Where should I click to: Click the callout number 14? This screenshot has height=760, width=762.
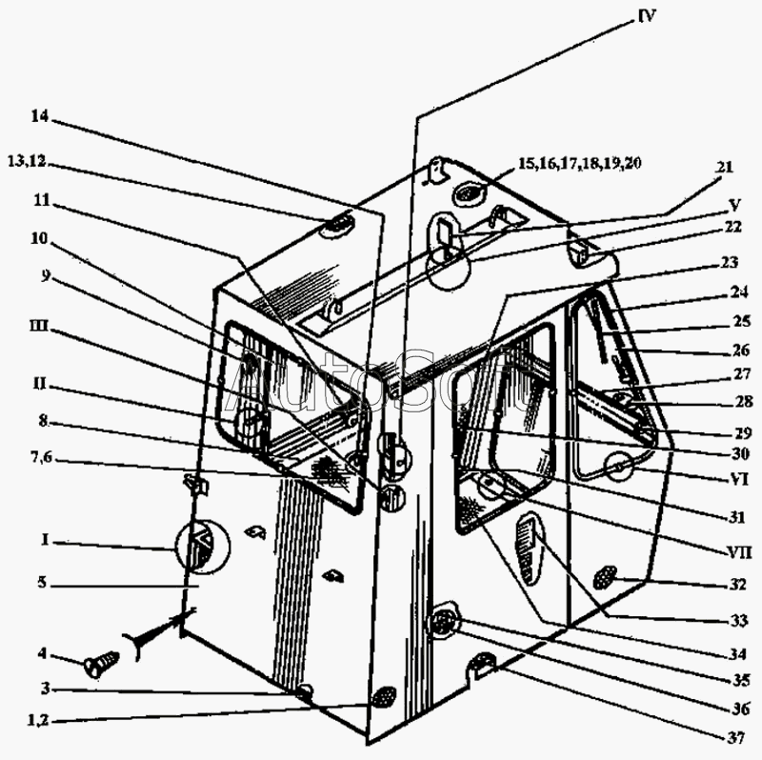[x=39, y=117]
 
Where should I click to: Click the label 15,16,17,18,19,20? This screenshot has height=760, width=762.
[x=579, y=164]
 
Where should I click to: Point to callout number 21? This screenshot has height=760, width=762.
[x=725, y=168]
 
